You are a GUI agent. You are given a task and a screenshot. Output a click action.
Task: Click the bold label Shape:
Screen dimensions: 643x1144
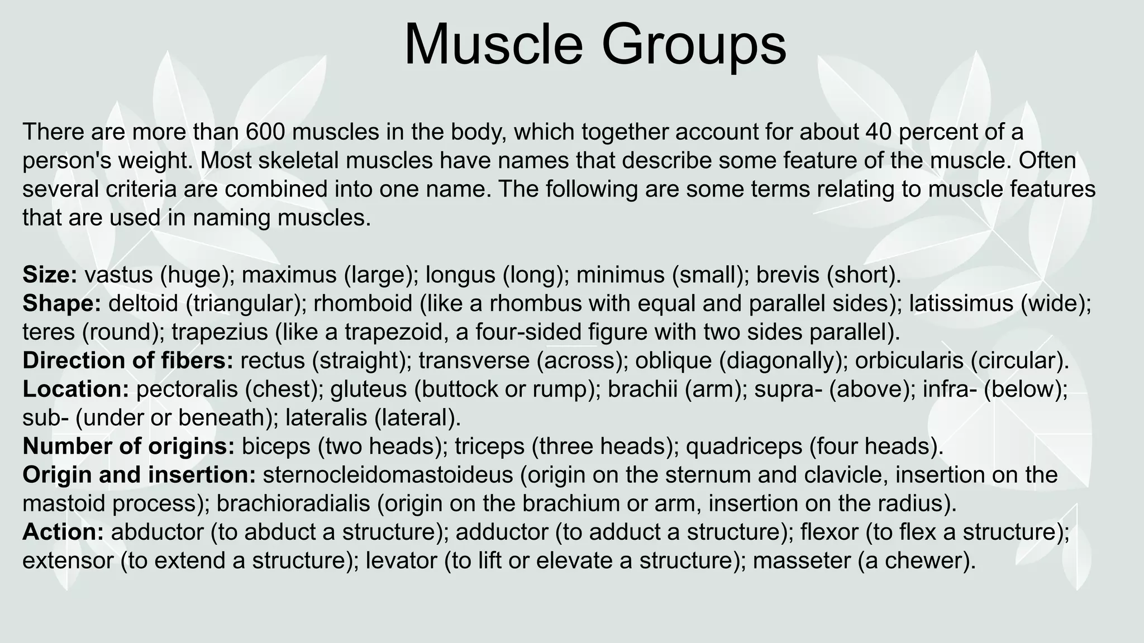pyautogui.click(x=61, y=303)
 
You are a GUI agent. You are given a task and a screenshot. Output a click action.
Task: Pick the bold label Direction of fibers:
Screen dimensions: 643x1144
pyautogui.click(x=128, y=360)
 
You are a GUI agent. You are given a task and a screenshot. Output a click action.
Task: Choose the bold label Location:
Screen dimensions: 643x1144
pyautogui.click(x=76, y=389)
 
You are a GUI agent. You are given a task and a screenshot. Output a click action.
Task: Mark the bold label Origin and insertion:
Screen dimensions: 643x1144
pyautogui.click(x=139, y=474)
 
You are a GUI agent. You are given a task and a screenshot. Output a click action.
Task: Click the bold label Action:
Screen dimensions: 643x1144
pyautogui.click(x=63, y=531)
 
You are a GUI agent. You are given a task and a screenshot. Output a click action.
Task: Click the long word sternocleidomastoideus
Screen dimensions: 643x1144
pyautogui.click(x=388, y=474)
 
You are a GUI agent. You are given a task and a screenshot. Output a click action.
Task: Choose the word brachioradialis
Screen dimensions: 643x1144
pyautogui.click(x=293, y=503)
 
